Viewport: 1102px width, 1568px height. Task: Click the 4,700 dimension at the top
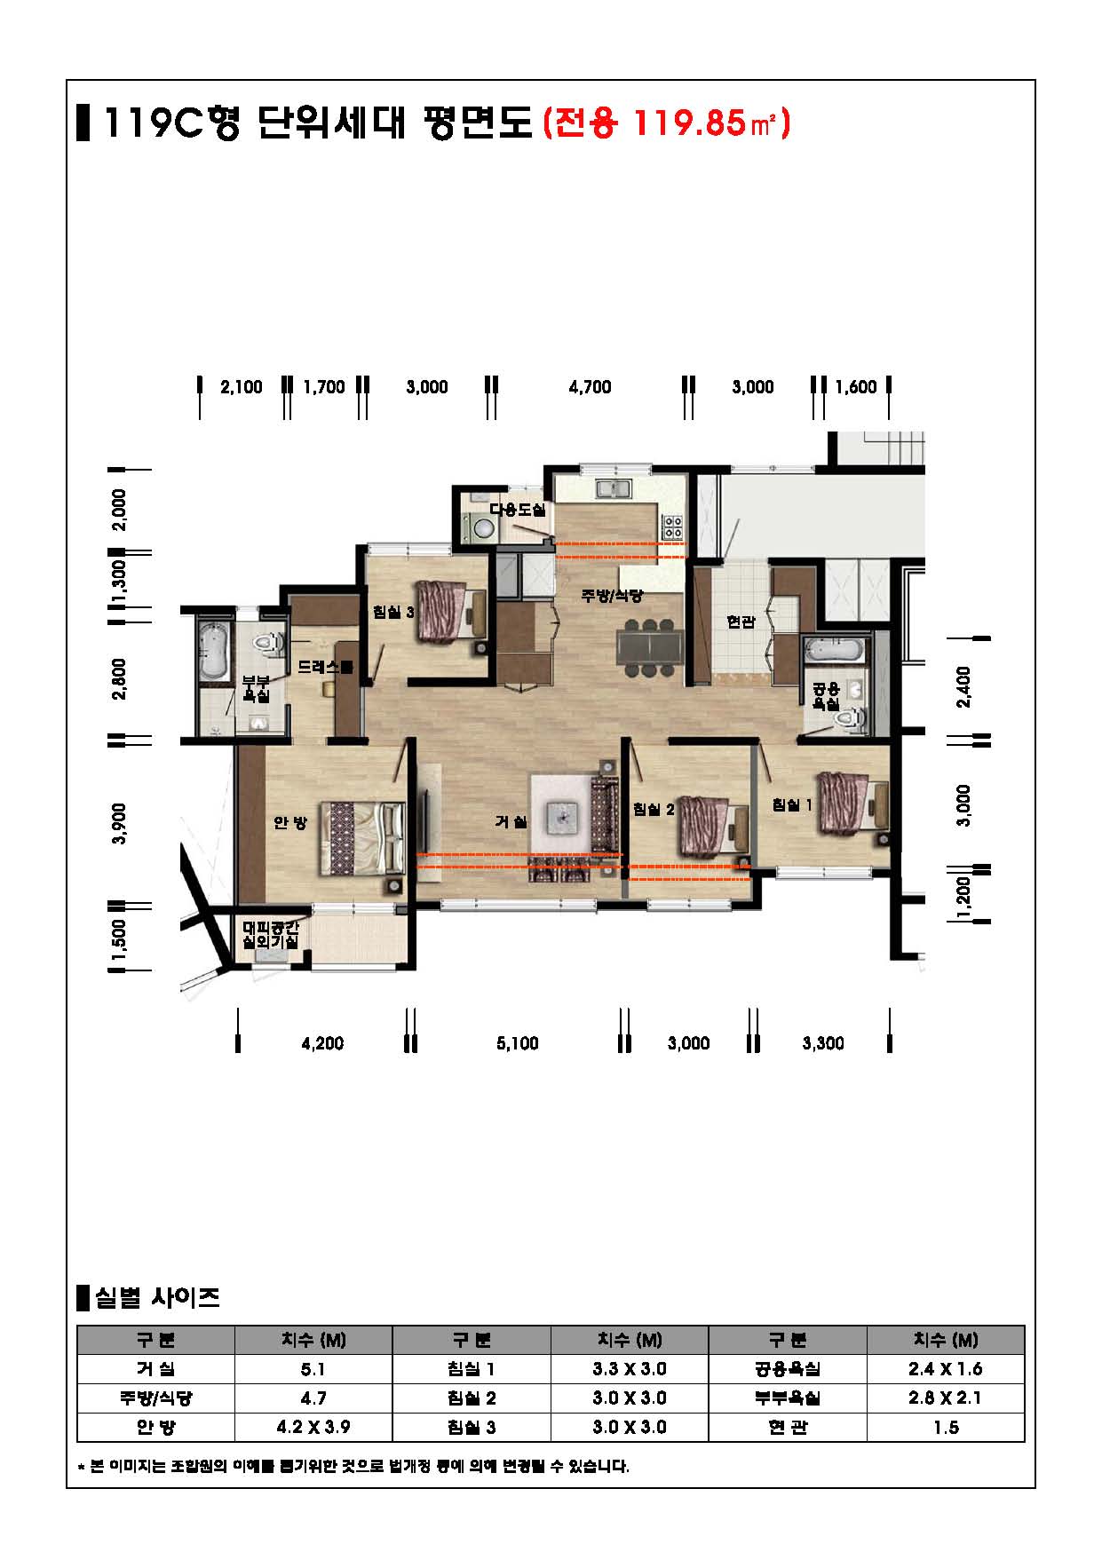pos(590,387)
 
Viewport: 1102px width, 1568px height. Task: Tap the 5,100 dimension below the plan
pos(518,1043)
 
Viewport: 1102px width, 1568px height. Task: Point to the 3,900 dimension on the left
pos(121,823)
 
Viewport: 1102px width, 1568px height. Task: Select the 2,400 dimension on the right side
pos(964,686)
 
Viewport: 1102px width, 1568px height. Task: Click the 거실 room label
pos(511,822)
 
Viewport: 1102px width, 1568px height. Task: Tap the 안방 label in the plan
pos(289,823)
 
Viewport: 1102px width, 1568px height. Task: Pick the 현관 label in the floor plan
pos(740,622)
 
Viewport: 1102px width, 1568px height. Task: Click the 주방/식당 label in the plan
pos(611,596)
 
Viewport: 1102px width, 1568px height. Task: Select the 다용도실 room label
pos(517,510)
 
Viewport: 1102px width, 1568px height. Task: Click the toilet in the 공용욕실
pos(850,718)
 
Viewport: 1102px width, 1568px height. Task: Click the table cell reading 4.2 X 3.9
pos(313,1427)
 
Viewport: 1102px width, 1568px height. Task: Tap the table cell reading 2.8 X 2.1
pos(946,1398)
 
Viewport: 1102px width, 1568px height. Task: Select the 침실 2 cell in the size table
pos(472,1398)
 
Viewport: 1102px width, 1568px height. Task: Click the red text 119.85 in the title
pos(688,123)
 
